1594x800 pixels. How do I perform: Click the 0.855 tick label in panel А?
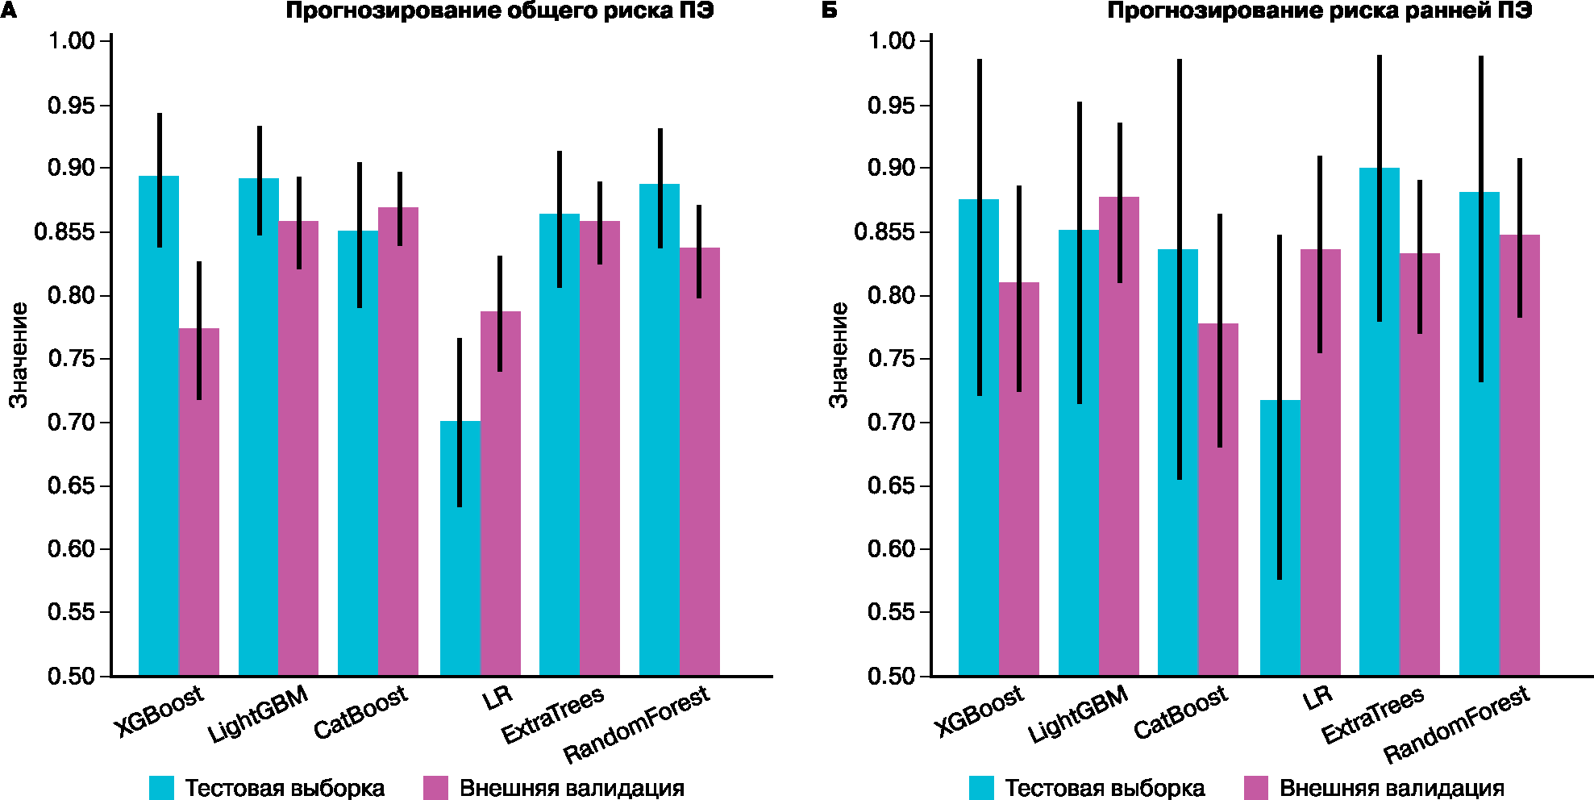(x=64, y=232)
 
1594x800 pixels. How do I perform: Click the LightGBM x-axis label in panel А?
(x=258, y=715)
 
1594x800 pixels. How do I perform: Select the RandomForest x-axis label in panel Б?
(x=1456, y=725)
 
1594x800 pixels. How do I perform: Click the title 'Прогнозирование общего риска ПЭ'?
(x=500, y=11)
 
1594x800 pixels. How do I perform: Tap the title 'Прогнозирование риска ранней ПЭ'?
(x=1319, y=11)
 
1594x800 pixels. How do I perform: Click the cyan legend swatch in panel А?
(x=161, y=788)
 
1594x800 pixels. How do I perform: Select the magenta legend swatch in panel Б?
(x=1256, y=788)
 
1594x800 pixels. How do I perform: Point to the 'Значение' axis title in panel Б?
(x=839, y=355)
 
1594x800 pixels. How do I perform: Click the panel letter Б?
(x=829, y=11)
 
